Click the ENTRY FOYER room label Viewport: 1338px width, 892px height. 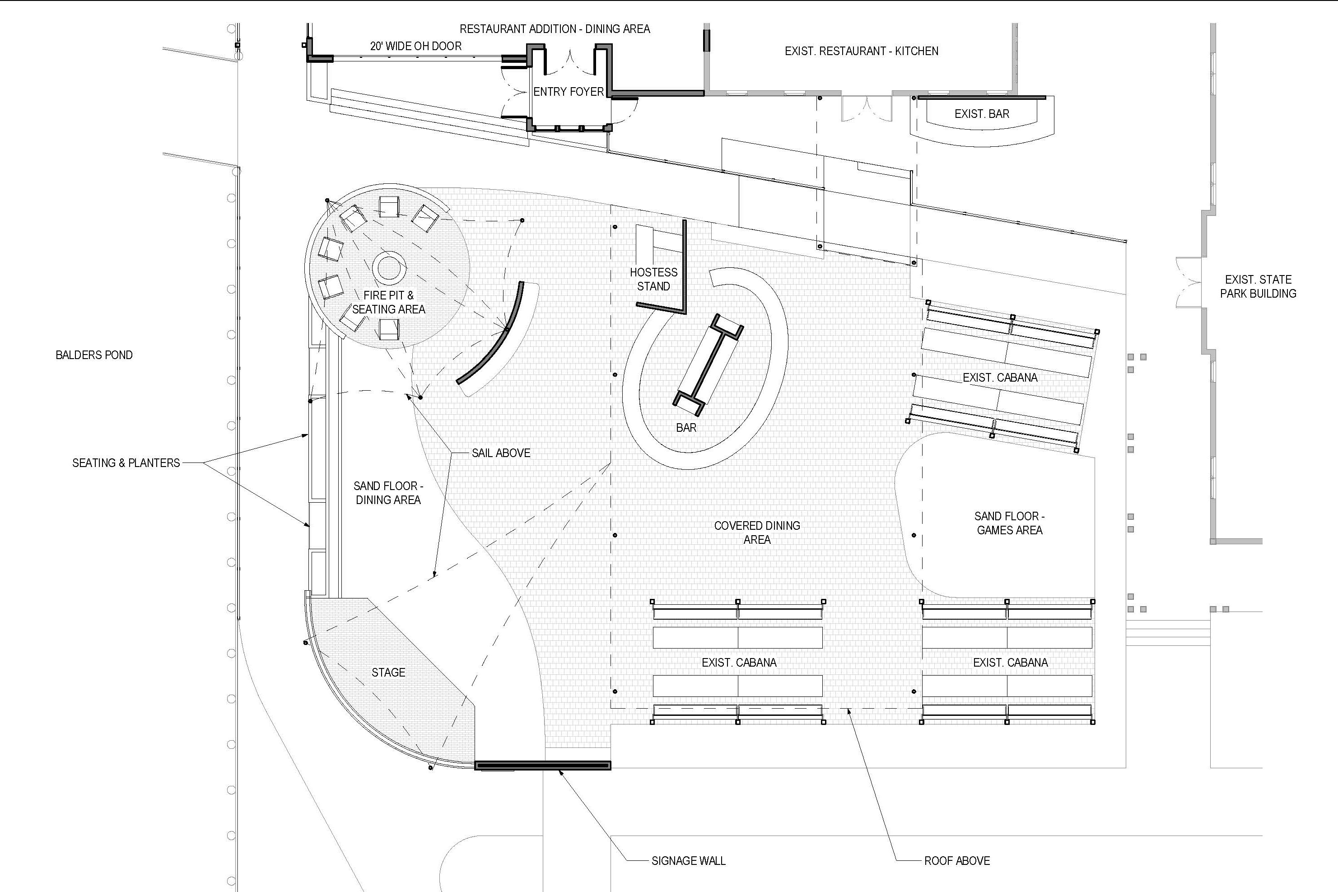pyautogui.click(x=568, y=92)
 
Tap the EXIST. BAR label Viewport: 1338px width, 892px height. pyautogui.click(x=982, y=114)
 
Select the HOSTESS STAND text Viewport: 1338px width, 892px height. pyautogui.click(x=653, y=279)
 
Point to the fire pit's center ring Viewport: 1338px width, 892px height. pyautogui.click(x=390, y=268)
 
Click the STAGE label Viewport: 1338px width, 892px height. pyautogui.click(x=388, y=673)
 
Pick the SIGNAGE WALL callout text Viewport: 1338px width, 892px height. pyautogui.click(x=689, y=861)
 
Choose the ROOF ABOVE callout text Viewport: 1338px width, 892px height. pyautogui.click(x=957, y=861)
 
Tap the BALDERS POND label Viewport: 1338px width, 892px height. pyautogui.click(x=94, y=355)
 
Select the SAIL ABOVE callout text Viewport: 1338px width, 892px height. pyautogui.click(x=501, y=453)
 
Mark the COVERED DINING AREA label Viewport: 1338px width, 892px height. pyautogui.click(x=757, y=532)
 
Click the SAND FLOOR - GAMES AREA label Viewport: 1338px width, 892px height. pyautogui.click(x=1009, y=523)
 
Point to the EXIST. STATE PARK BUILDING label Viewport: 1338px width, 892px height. pyautogui.click(x=1259, y=287)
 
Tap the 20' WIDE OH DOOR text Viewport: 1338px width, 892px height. pyautogui.click(x=416, y=46)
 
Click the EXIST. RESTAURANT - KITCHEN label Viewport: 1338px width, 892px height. pyautogui.click(x=862, y=51)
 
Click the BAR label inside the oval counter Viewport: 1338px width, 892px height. pyautogui.click(x=686, y=428)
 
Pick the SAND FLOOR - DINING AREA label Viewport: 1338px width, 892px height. pyautogui.click(x=388, y=493)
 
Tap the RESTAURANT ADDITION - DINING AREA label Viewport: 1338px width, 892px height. pyautogui.click(x=555, y=29)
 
